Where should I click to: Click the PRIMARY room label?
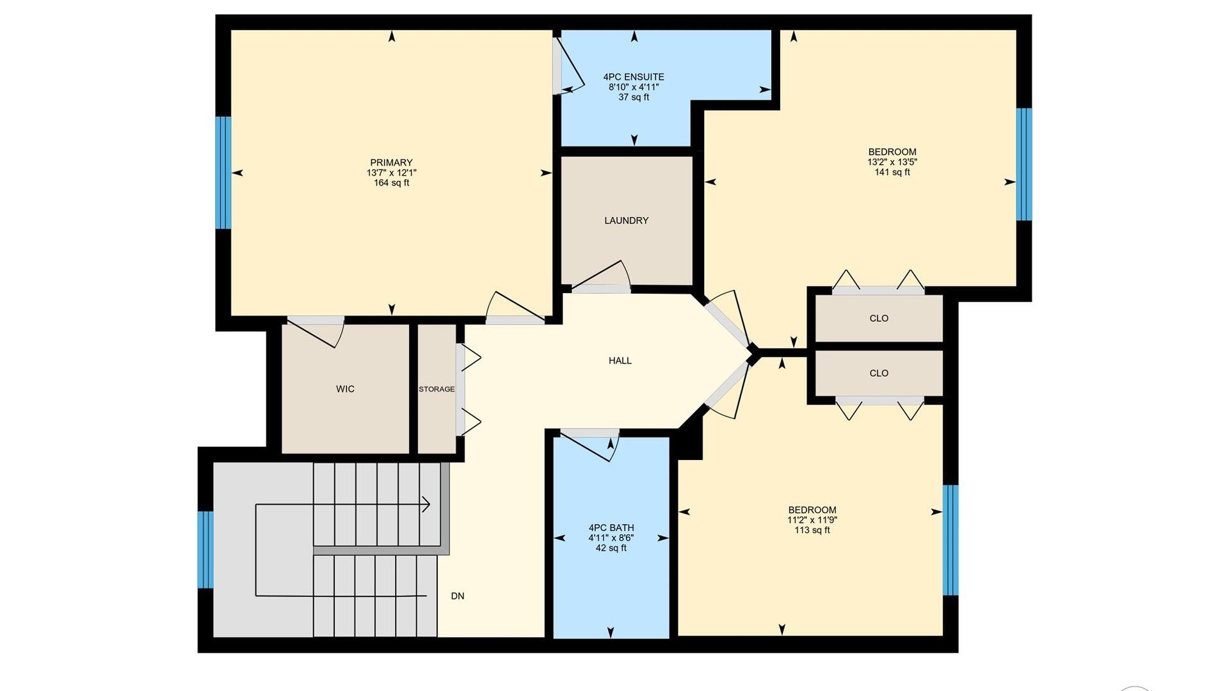391,163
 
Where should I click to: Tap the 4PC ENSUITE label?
634,77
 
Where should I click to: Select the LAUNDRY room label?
626,221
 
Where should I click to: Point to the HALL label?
620,361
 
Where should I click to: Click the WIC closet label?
345,389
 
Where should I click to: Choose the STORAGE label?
437,389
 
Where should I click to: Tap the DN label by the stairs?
458,596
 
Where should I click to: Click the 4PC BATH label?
611,528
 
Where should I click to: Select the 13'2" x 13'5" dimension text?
892,162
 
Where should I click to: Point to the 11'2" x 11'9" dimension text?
812,520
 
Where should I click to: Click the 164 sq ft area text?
391,183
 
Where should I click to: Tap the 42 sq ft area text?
611,548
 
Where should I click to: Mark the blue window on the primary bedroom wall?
223,173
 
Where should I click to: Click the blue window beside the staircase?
205,550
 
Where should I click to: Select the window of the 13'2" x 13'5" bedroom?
1024,164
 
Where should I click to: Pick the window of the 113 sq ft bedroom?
951,540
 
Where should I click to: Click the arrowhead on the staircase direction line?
426,505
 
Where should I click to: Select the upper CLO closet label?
879,319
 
